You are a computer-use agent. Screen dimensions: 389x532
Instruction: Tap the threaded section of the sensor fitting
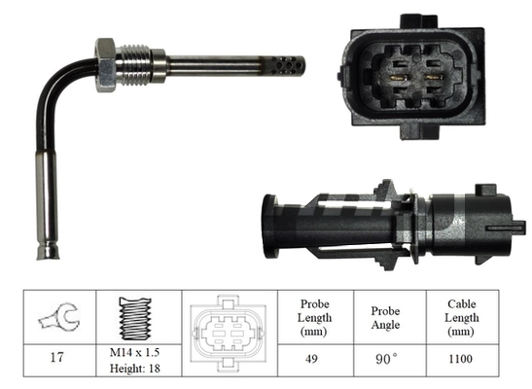click(x=137, y=63)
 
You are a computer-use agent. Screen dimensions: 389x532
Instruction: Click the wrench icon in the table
click(x=55, y=316)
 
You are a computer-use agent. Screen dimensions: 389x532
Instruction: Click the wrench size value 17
click(x=55, y=358)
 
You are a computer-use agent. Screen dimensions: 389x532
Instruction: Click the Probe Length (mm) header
click(x=314, y=316)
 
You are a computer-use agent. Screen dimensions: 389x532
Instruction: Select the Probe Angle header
click(x=386, y=316)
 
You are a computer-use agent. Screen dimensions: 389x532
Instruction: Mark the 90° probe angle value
click(x=386, y=358)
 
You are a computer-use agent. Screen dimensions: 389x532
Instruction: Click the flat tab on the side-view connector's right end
click(x=511, y=228)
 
